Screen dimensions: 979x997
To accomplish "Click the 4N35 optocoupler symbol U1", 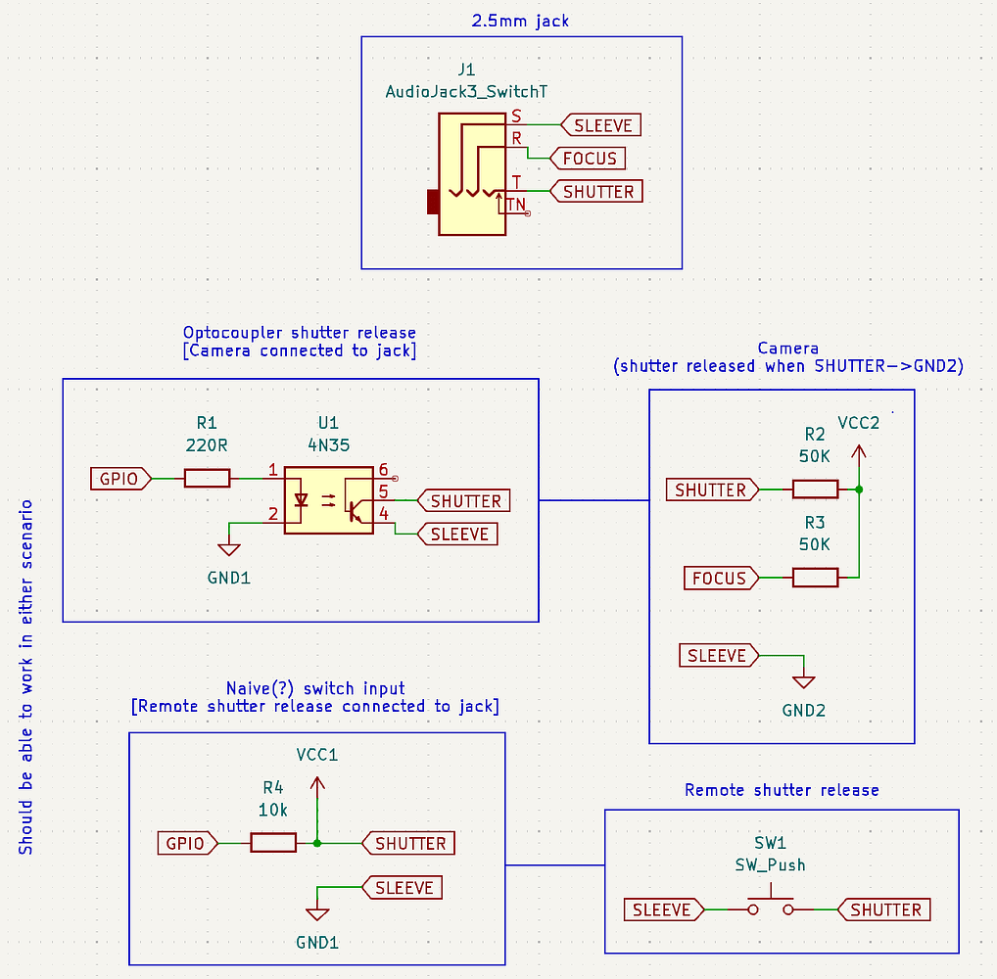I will click(x=328, y=500).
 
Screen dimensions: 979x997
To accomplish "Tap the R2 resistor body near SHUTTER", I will click(x=815, y=489).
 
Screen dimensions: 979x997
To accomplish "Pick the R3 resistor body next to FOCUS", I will click(x=815, y=578).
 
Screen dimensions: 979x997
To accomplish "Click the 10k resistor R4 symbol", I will click(x=273, y=843).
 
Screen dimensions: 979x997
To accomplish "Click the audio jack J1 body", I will click(x=471, y=174).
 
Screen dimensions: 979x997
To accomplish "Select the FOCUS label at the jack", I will click(x=589, y=158).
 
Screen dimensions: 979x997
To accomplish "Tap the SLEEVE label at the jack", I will click(x=601, y=125).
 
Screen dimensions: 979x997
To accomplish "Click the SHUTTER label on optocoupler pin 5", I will click(x=465, y=501).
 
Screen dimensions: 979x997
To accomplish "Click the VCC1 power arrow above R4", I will click(x=316, y=787).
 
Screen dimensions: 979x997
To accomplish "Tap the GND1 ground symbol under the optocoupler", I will click(x=229, y=550).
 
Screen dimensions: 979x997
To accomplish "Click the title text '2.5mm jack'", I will click(x=521, y=20).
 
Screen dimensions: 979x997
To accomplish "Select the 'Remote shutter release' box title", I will click(x=782, y=790).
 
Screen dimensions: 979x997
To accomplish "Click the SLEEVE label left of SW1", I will click(x=662, y=910).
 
